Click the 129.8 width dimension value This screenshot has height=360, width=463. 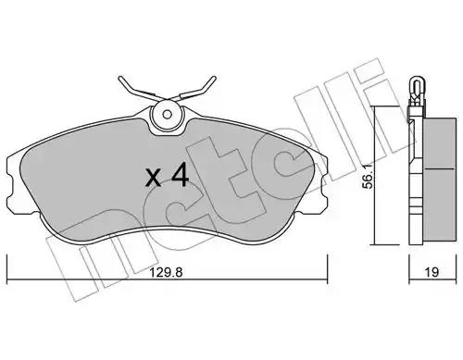[167, 272]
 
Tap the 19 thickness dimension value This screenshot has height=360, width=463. [432, 272]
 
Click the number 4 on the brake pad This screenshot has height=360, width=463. [180, 175]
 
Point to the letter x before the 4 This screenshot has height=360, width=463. [154, 179]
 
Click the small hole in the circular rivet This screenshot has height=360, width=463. [168, 115]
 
